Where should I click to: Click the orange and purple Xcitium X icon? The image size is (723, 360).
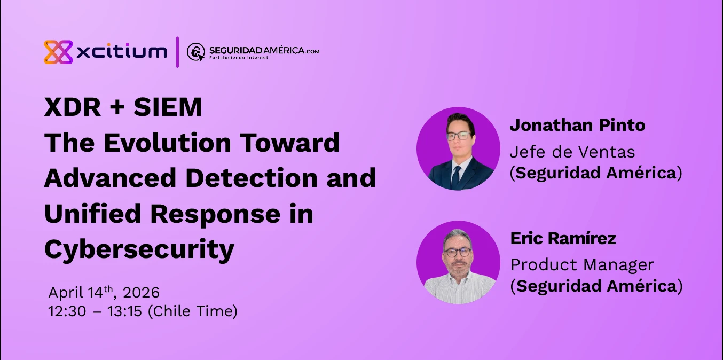[58, 52]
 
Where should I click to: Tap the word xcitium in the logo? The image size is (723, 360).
[122, 52]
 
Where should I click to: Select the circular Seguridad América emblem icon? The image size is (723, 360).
[196, 52]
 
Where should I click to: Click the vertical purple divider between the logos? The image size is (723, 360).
[177, 52]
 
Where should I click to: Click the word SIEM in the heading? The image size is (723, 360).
[168, 107]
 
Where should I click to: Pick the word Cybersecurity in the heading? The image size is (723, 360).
[139, 249]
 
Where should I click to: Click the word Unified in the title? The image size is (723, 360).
[92, 214]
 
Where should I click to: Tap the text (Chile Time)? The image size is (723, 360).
[192, 311]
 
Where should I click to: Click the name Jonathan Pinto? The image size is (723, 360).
[577, 126]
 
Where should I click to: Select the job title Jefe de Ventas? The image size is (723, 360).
[572, 152]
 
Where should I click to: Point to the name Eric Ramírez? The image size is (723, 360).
[563, 238]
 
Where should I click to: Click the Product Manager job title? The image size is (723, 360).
[582, 265]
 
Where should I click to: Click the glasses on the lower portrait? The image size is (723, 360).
[458, 252]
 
